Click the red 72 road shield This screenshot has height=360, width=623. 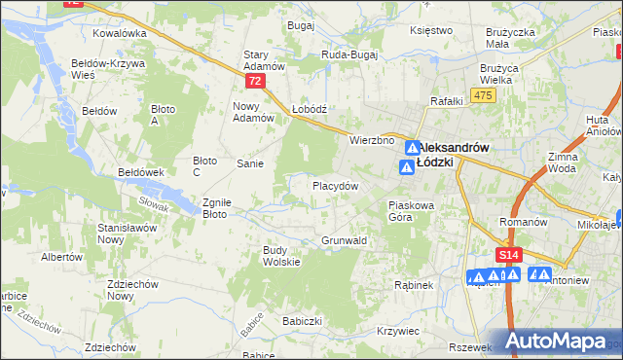(x=255, y=82)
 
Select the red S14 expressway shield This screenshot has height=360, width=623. (x=506, y=255)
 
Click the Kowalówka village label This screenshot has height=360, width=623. (x=119, y=32)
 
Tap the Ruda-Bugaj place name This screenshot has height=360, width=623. (x=351, y=55)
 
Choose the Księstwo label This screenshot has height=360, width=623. (x=432, y=30)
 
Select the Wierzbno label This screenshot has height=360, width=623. (x=372, y=140)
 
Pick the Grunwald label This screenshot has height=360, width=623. (x=343, y=239)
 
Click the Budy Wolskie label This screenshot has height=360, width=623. (x=281, y=256)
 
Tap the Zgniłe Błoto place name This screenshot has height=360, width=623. (x=216, y=208)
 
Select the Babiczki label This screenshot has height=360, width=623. (x=302, y=320)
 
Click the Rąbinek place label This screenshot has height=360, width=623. (x=413, y=285)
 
